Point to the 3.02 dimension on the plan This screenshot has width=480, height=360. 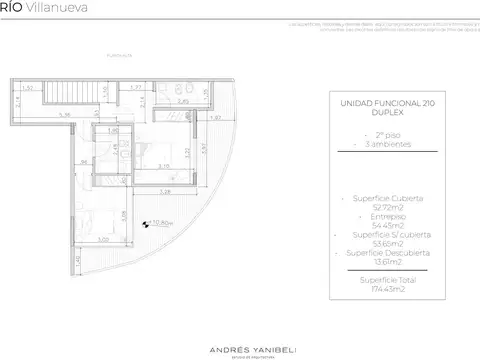[x=102, y=239]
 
